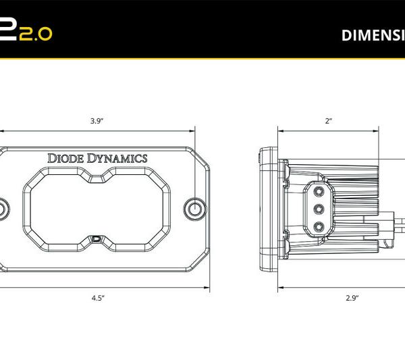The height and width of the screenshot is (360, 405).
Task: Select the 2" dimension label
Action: (329, 121)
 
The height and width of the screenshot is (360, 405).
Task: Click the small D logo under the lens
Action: (97, 238)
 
